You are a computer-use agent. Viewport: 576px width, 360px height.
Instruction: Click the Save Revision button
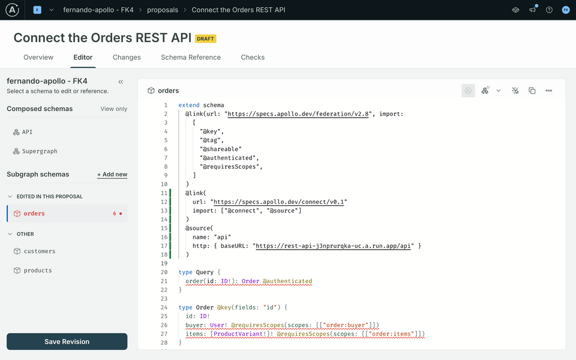pos(67,341)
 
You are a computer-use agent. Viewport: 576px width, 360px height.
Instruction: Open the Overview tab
pos(38,58)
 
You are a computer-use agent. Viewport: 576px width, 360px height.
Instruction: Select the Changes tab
pos(127,58)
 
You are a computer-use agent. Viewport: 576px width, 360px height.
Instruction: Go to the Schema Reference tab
pos(191,58)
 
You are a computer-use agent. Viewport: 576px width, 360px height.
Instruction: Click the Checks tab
pos(253,58)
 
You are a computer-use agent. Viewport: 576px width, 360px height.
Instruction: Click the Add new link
pos(112,175)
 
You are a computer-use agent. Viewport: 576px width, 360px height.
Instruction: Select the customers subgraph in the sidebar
pos(40,251)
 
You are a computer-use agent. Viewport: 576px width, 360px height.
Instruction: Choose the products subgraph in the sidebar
pos(37,271)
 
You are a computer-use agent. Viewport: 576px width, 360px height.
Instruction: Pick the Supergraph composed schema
pos(40,151)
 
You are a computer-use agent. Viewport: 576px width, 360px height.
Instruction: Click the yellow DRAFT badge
pos(205,38)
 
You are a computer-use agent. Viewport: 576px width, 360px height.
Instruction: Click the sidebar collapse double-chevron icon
pos(121,82)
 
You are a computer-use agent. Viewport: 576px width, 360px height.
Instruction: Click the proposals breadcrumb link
pos(163,10)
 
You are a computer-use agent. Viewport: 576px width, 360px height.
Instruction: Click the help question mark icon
pos(549,10)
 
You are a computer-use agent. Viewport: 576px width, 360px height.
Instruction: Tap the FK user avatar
pos(566,10)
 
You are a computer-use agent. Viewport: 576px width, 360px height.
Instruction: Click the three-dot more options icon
pos(549,91)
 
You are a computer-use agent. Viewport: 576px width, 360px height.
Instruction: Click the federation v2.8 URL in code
pos(298,114)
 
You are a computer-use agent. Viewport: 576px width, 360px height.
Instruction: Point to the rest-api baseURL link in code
pos(333,246)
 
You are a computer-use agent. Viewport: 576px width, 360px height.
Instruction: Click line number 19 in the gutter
pos(164,263)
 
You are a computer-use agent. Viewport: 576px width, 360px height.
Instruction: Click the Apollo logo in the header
pos(12,10)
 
